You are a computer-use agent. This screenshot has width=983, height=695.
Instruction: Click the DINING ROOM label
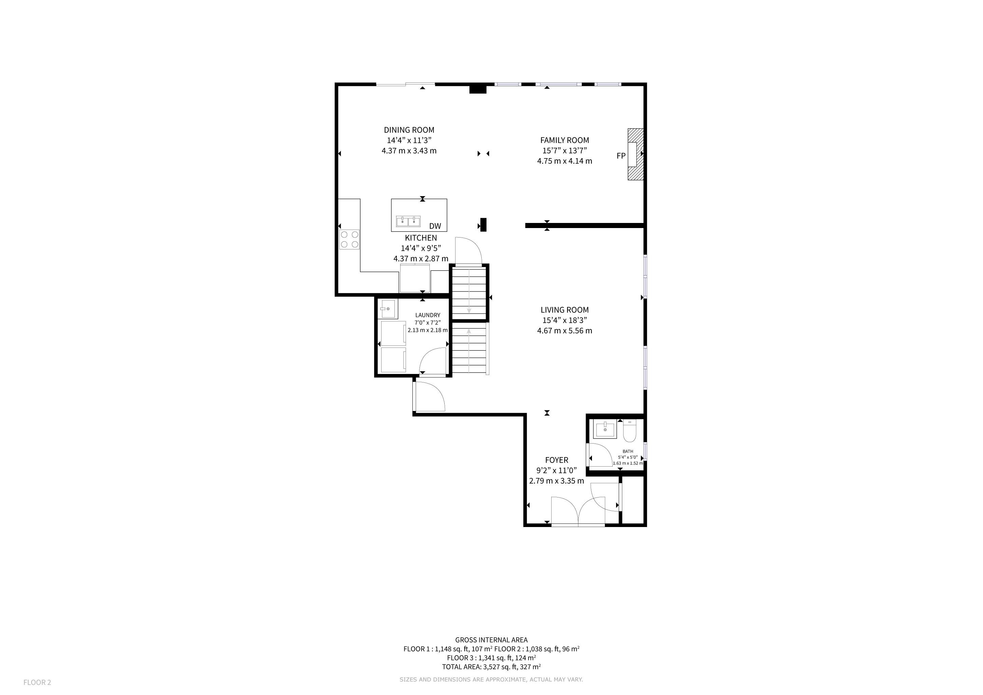tap(409, 130)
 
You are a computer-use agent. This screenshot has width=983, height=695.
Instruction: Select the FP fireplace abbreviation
tap(621, 156)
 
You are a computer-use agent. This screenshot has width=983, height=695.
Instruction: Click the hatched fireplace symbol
tap(636, 154)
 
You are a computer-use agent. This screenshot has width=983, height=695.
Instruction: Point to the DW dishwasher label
tap(435, 226)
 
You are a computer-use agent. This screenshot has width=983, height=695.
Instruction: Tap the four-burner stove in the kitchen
tap(349, 240)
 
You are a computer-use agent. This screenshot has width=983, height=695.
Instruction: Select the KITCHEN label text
tap(421, 238)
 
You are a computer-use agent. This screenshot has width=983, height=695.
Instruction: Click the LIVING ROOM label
tap(564, 310)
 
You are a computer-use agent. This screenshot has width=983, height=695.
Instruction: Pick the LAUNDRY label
tap(427, 315)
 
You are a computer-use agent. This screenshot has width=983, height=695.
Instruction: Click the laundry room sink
tap(387, 308)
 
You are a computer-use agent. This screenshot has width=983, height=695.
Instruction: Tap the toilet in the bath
tap(630, 431)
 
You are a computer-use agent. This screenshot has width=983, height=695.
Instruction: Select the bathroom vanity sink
tap(605, 429)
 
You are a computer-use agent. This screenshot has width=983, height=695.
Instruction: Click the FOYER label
tap(557, 461)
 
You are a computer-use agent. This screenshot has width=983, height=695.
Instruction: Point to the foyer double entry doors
tap(578, 510)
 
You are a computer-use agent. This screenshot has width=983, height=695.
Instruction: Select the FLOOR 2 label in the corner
tap(37, 682)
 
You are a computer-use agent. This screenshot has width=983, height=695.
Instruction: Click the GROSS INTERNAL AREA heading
tap(491, 640)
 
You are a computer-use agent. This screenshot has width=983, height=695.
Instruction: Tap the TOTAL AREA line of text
tap(491, 667)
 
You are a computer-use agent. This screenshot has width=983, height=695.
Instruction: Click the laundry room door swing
tap(432, 362)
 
